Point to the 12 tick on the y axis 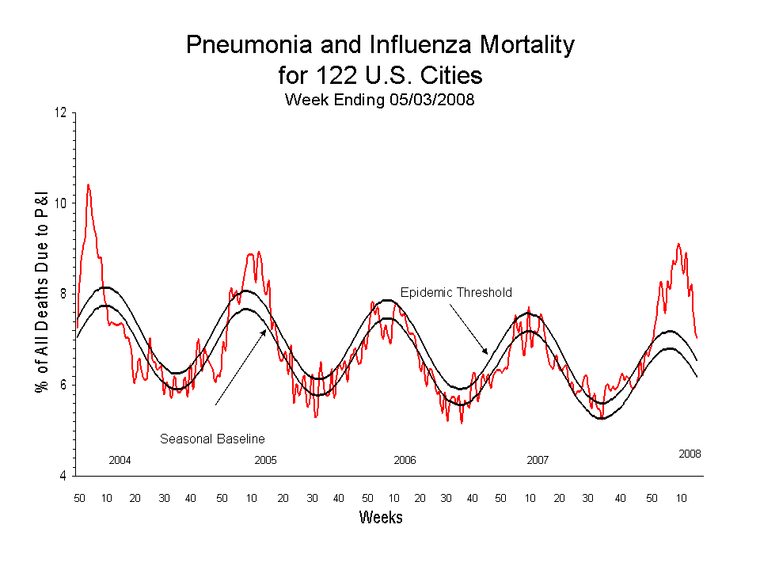[60, 112]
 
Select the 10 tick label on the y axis [60, 203]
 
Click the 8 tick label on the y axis [63, 294]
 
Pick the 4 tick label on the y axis [63, 477]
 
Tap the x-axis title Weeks [381, 518]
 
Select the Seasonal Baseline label [212, 439]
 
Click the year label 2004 [120, 460]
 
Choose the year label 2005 [265, 460]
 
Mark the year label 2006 [405, 460]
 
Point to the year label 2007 [538, 460]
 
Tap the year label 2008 [690, 454]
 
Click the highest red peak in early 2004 [88, 185]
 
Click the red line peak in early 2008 [678, 244]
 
